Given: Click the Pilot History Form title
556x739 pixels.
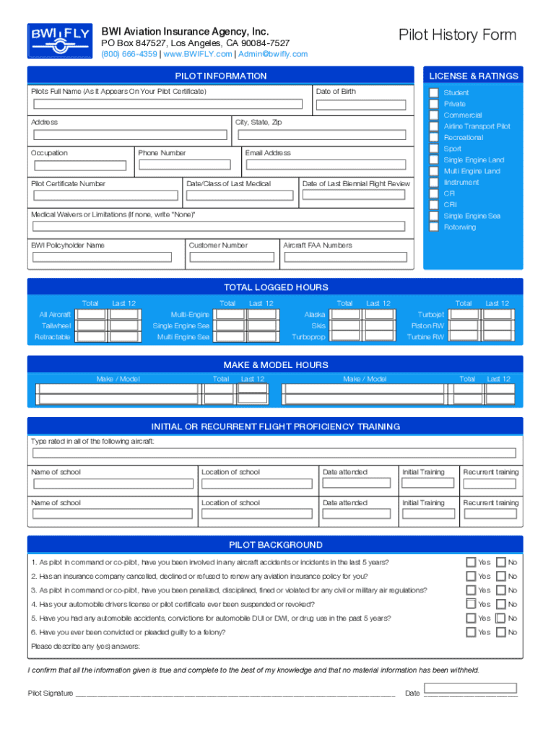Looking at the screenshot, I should [x=457, y=35].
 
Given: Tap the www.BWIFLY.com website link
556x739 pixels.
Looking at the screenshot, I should [x=198, y=54].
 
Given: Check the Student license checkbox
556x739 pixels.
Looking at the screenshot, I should [x=433, y=92].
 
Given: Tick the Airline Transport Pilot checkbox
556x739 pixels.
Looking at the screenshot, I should [x=433, y=126].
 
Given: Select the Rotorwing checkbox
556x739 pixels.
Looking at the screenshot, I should [x=433, y=227].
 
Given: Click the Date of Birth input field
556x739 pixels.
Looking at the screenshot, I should [x=364, y=105].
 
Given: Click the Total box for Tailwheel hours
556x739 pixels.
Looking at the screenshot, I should [x=91, y=326].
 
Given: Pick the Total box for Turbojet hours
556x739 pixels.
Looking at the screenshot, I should [x=464, y=315].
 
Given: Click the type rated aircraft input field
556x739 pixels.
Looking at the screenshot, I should [x=274, y=453].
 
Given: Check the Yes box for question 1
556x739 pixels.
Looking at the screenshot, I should [x=471, y=562].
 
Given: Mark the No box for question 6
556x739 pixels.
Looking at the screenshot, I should [x=500, y=632].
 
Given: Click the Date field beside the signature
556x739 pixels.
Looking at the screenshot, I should [x=470, y=688].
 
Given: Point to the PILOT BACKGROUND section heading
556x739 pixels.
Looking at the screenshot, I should [x=275, y=545].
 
